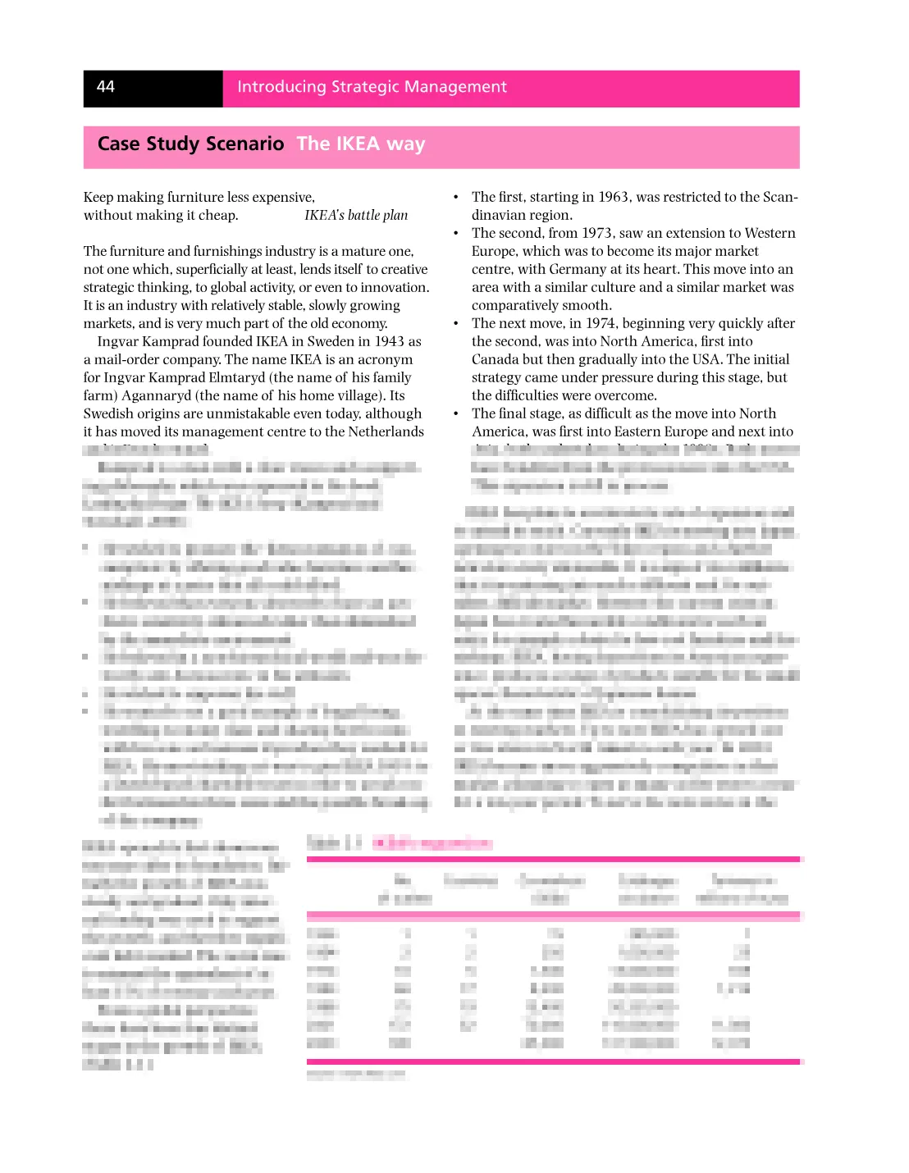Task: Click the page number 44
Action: click(106, 87)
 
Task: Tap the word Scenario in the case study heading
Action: click(244, 144)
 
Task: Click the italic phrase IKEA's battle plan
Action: click(356, 216)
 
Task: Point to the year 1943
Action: click(390, 342)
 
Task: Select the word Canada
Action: click(495, 360)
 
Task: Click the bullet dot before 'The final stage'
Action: click(456, 414)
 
